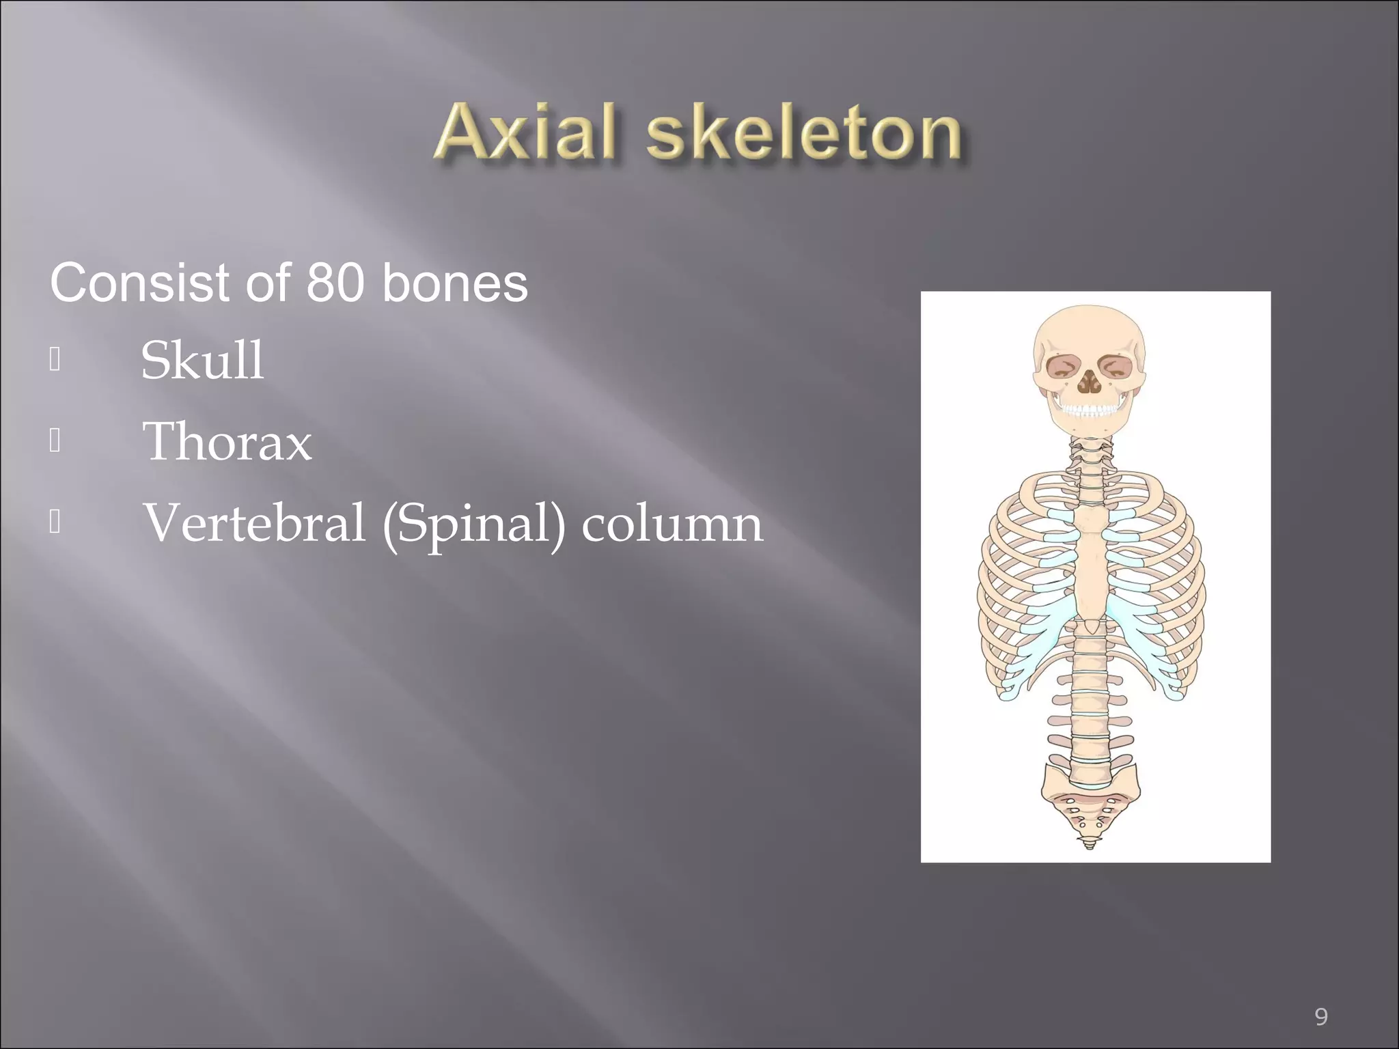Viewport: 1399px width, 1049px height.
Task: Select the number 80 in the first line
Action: point(335,283)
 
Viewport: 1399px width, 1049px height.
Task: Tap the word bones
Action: point(455,283)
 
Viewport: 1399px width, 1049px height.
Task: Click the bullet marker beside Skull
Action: point(55,360)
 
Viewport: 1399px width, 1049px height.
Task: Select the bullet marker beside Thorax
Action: point(55,441)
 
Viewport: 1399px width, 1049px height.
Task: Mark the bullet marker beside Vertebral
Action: point(55,522)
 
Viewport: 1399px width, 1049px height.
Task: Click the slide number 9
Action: point(1321,998)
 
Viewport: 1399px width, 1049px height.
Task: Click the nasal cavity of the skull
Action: point(1089,384)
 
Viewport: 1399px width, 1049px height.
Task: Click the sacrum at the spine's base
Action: point(1089,806)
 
